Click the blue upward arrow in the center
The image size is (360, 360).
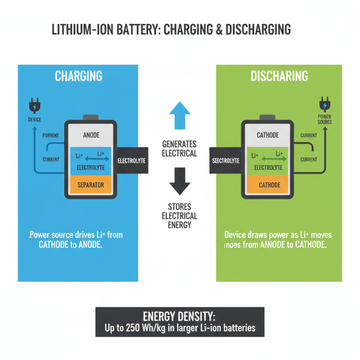[180, 115]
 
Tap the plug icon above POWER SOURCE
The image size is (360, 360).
[324, 104]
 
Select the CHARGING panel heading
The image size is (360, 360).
[78, 76]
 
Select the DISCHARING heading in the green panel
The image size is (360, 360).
[279, 76]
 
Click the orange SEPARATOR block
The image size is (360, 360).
[91, 184]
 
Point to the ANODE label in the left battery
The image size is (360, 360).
[91, 135]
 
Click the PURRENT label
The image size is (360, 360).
[51, 135]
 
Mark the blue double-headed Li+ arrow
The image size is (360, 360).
[92, 158]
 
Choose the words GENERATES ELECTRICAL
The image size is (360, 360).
[179, 148]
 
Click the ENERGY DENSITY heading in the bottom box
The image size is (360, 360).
[180, 315]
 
